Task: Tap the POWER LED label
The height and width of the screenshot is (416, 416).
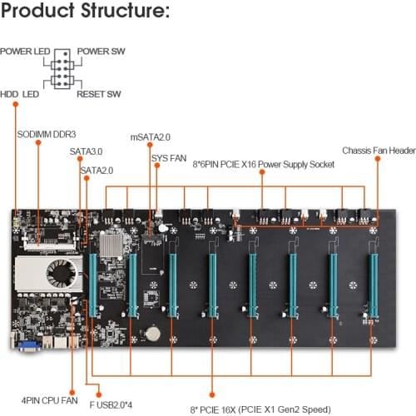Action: click(x=24, y=52)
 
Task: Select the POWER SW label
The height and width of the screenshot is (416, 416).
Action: click(x=101, y=52)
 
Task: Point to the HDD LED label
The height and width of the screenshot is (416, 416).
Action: click(x=22, y=94)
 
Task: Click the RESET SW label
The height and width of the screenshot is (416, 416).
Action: click(x=100, y=94)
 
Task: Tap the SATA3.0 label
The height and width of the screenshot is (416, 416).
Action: click(x=86, y=153)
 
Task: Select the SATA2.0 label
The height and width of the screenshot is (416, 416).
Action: click(x=97, y=171)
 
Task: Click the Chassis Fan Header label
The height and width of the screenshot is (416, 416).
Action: click(x=379, y=151)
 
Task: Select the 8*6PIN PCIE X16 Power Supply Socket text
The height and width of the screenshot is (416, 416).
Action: click(x=263, y=165)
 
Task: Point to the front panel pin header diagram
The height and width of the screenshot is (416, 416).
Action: click(x=62, y=72)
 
